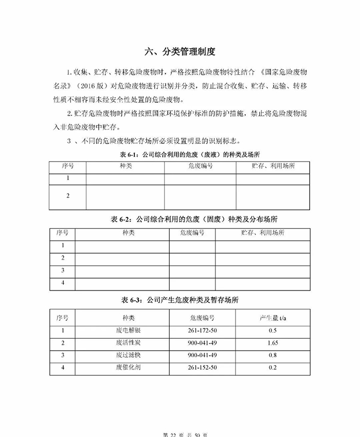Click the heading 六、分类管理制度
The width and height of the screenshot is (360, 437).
tap(179, 51)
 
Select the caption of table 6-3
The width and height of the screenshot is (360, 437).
tap(179, 299)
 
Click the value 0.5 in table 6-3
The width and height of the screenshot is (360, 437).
tap(273, 331)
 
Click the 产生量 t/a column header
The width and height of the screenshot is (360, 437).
tap(273, 318)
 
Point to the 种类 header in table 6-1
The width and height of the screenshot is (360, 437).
tap(125, 167)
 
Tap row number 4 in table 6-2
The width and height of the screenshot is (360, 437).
tap(62, 283)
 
